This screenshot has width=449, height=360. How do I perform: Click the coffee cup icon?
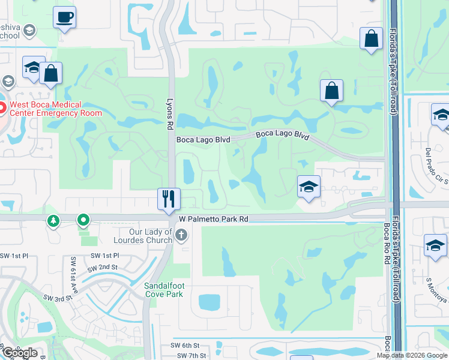[64, 17]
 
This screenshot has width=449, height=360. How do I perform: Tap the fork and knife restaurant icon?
[169, 198]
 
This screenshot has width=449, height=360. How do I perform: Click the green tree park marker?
[54, 221]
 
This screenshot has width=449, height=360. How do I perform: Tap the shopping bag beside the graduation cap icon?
[52, 74]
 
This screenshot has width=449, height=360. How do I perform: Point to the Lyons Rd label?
[170, 114]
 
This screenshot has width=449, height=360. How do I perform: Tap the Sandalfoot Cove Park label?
[164, 290]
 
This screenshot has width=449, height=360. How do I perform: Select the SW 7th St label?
[191, 356]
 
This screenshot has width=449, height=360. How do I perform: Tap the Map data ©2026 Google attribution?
[412, 355]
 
